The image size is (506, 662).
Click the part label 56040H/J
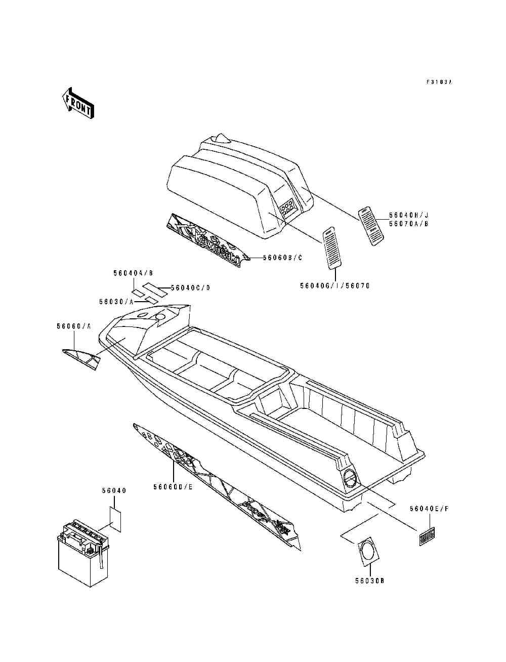click(x=416, y=215)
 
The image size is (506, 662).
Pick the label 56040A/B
click(x=130, y=273)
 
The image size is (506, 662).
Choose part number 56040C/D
click(x=190, y=288)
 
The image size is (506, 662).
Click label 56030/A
click(x=116, y=301)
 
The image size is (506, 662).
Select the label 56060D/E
click(x=173, y=487)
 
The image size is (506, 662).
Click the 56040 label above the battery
click(x=114, y=490)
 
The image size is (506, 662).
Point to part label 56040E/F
click(x=429, y=510)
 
